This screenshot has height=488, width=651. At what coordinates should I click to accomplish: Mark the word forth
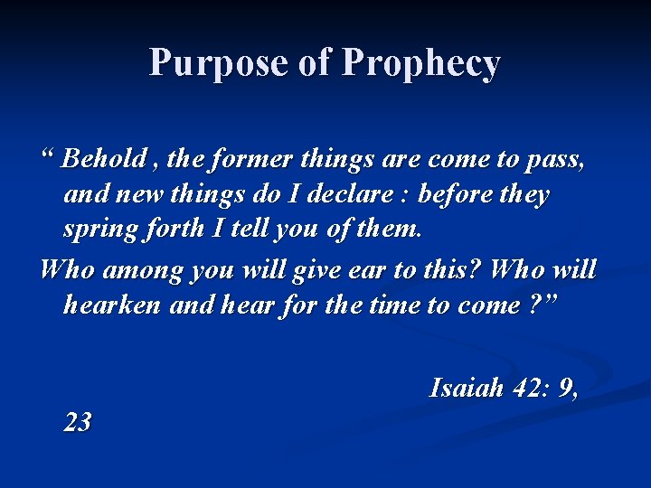[174, 229]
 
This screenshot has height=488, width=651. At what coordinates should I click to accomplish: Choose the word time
[393, 305]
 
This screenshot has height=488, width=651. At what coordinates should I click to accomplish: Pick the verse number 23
[78, 422]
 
